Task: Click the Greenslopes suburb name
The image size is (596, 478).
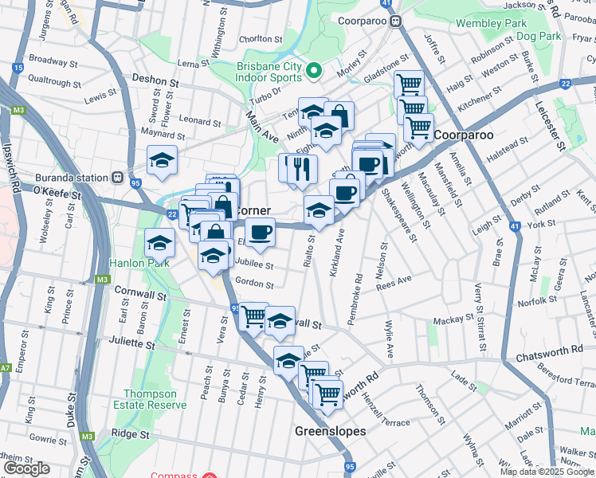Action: [330, 431]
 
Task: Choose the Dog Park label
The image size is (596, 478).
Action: [538, 36]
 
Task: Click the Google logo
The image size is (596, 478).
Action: [26, 468]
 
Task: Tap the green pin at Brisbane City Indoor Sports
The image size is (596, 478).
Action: [314, 71]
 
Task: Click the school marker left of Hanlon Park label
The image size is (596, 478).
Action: [160, 243]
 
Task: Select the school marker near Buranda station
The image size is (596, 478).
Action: [162, 161]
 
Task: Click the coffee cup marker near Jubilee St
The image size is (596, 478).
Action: [260, 233]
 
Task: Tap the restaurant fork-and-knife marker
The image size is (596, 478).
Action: [301, 169]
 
